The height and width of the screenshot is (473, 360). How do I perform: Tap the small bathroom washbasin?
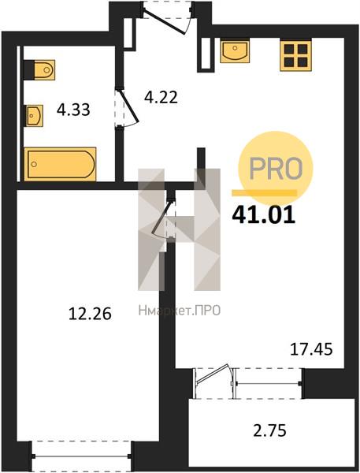(x=34, y=116)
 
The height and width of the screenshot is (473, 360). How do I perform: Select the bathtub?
(x=61, y=164)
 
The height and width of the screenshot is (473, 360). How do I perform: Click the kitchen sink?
(x=235, y=50)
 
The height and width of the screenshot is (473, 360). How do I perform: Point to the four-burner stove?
(x=295, y=55)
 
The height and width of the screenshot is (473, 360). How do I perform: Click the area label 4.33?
(x=73, y=110)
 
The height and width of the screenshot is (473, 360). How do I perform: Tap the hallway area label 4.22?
(x=161, y=97)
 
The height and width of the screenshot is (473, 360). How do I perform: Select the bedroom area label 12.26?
(x=90, y=314)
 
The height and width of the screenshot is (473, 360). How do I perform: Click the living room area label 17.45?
(x=311, y=349)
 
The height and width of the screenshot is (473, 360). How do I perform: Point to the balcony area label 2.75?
(x=269, y=430)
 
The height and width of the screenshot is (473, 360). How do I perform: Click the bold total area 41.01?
(x=264, y=214)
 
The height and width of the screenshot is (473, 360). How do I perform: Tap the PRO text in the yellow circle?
(x=276, y=168)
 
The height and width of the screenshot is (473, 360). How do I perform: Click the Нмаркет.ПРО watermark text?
(x=180, y=311)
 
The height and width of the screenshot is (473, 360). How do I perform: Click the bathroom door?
(x=126, y=107)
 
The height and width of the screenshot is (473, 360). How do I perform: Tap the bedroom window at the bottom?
(x=81, y=456)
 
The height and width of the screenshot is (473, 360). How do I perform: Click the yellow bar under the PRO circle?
(x=264, y=193)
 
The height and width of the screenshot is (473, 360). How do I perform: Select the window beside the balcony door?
(x=269, y=383)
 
